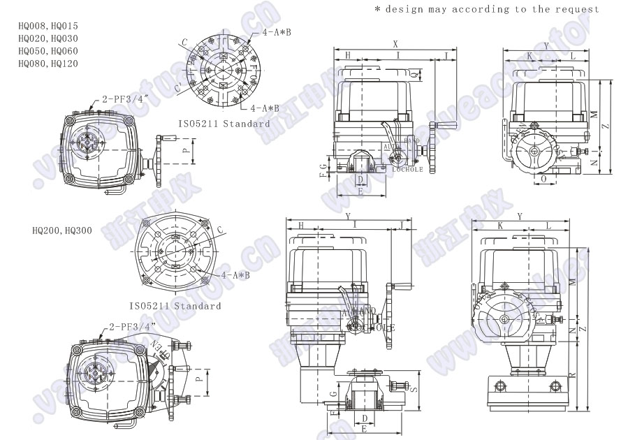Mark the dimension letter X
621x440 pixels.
pos(395,43)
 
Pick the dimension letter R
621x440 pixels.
pos(571,376)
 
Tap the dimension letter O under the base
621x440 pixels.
pos(544,179)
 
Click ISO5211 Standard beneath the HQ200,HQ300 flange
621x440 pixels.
pos(175,306)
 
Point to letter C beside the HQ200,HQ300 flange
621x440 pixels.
pos(221,229)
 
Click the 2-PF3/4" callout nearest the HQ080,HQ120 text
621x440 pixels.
pos(126,100)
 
